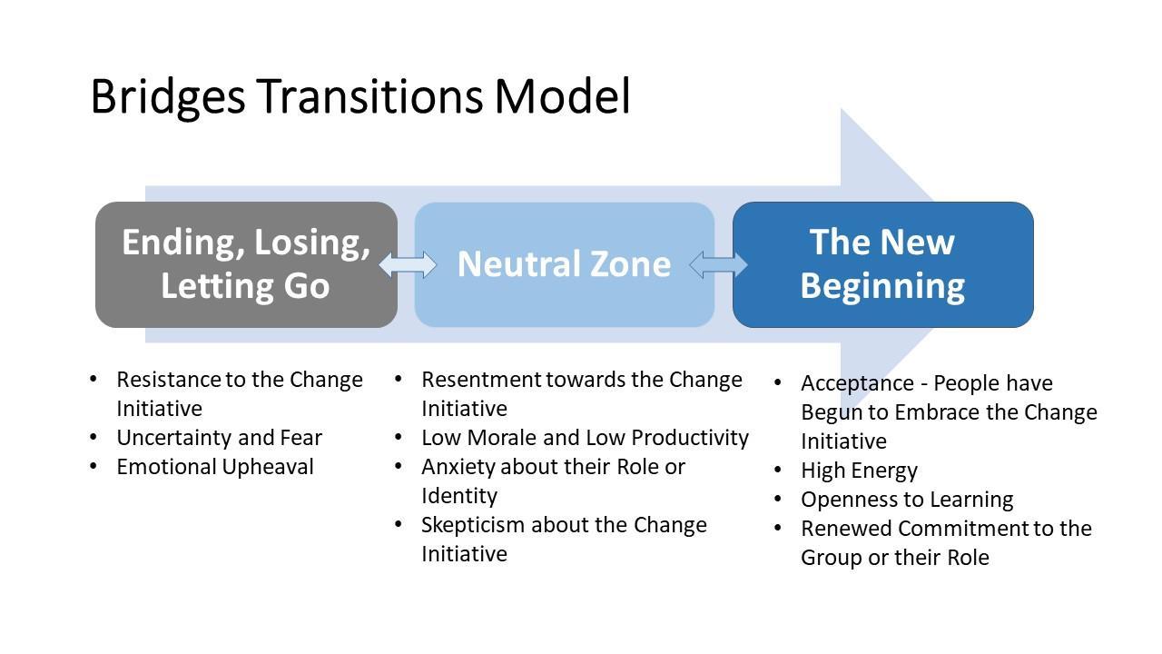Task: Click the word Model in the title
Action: click(x=562, y=96)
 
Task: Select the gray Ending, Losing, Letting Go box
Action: click(x=246, y=264)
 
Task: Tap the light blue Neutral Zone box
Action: click(x=564, y=264)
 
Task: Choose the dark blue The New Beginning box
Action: click(x=882, y=264)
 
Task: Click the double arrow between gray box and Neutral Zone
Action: click(x=407, y=264)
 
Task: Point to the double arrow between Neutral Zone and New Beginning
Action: click(x=718, y=264)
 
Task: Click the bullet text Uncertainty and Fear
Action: click(x=219, y=438)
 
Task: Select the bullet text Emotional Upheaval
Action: click(x=214, y=467)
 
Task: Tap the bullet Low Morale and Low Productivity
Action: click(x=585, y=438)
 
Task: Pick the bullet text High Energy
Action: click(x=859, y=471)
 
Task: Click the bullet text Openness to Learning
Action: click(x=906, y=500)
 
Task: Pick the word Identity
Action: click(x=458, y=496)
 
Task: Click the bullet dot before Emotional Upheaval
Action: click(x=94, y=467)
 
